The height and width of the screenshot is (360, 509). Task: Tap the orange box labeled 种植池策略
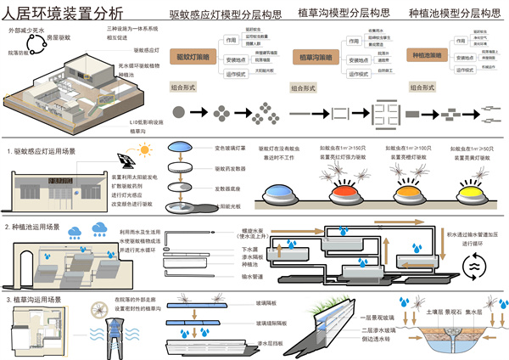click(427, 55)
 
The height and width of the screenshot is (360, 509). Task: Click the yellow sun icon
click(143, 150)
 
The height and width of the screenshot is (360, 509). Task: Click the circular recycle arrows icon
click(472, 265)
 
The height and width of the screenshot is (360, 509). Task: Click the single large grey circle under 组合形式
click(178, 111)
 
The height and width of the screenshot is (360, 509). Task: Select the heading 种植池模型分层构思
click(454, 14)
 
